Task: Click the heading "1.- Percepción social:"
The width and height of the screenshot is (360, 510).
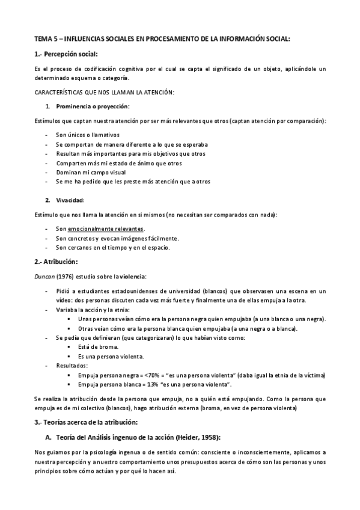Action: (x=67, y=54)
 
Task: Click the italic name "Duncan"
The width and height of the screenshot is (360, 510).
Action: (x=45, y=276)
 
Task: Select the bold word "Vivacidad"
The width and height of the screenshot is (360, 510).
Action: (x=70, y=200)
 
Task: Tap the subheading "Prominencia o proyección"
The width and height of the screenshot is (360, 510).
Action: (x=93, y=106)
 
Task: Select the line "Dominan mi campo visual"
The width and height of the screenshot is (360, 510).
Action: (x=91, y=172)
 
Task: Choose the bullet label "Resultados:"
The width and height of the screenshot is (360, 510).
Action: (x=72, y=365)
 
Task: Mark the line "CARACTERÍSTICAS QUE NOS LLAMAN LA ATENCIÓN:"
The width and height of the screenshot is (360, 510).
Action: (x=105, y=91)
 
